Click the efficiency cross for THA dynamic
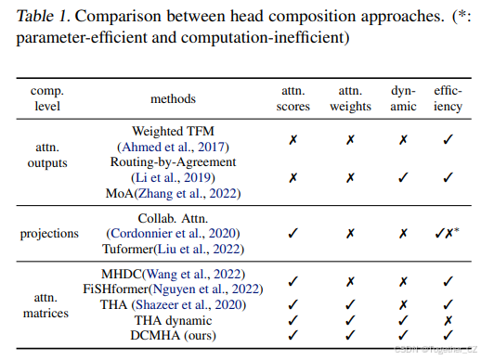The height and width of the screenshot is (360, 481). click(448, 318)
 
